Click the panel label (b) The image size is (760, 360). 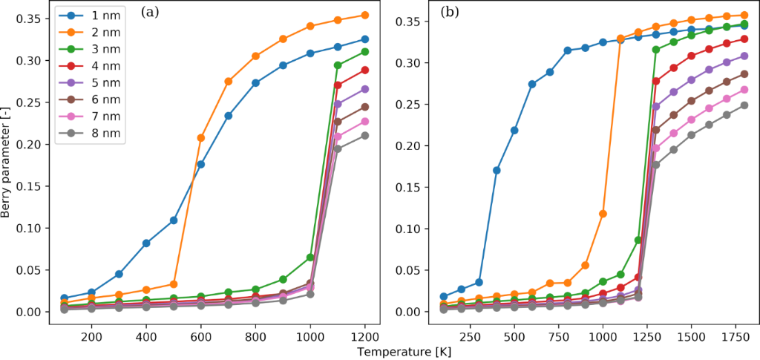[x=450, y=12]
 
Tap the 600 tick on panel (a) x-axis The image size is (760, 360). [x=200, y=336]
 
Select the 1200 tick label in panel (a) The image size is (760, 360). [x=364, y=336]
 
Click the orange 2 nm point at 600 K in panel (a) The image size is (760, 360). [x=201, y=137]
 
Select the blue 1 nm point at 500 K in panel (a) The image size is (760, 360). [x=174, y=220]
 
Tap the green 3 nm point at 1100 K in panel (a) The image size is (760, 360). [x=338, y=65]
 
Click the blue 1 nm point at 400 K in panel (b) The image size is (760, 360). [x=497, y=170]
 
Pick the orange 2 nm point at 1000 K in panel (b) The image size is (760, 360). [x=603, y=213]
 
